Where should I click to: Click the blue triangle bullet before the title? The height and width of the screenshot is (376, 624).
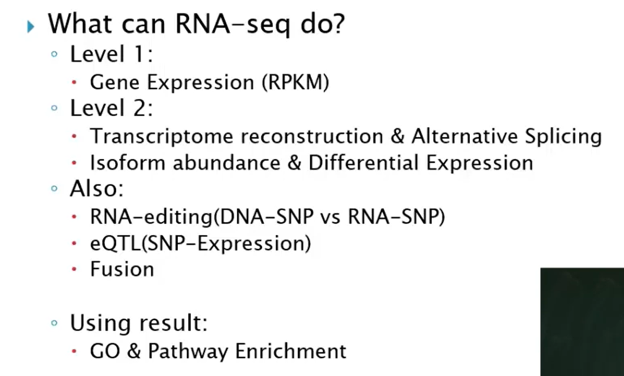tap(31, 26)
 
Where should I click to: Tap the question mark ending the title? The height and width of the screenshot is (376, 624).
tap(337, 24)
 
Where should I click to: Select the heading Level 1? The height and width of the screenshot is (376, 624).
tap(111, 55)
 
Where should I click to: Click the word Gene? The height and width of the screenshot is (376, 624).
tap(115, 83)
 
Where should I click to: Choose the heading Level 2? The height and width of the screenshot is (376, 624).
tap(111, 109)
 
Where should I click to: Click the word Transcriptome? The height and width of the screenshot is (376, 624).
tap(162, 137)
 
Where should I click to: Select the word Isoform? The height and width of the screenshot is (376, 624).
tap(128, 163)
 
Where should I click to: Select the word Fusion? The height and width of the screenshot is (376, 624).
tap(122, 269)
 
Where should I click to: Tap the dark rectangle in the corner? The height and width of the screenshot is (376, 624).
tap(582, 321)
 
